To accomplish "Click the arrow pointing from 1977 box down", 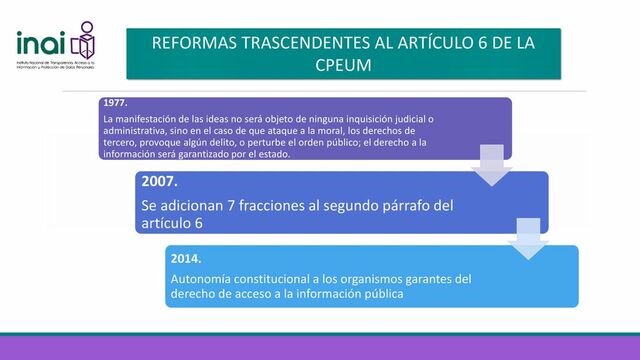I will click(x=490, y=165).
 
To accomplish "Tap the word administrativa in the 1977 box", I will click(x=135, y=131).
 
